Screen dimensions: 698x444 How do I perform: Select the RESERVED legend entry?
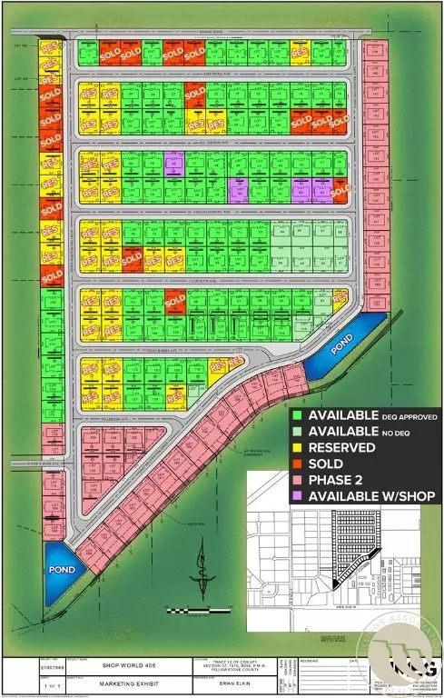tap(342, 447)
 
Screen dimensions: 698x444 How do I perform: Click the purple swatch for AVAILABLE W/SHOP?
tap(299, 496)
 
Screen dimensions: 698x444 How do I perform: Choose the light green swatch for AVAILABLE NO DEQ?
tap(299, 431)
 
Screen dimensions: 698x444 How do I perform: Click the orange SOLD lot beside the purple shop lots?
tap(341, 191)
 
